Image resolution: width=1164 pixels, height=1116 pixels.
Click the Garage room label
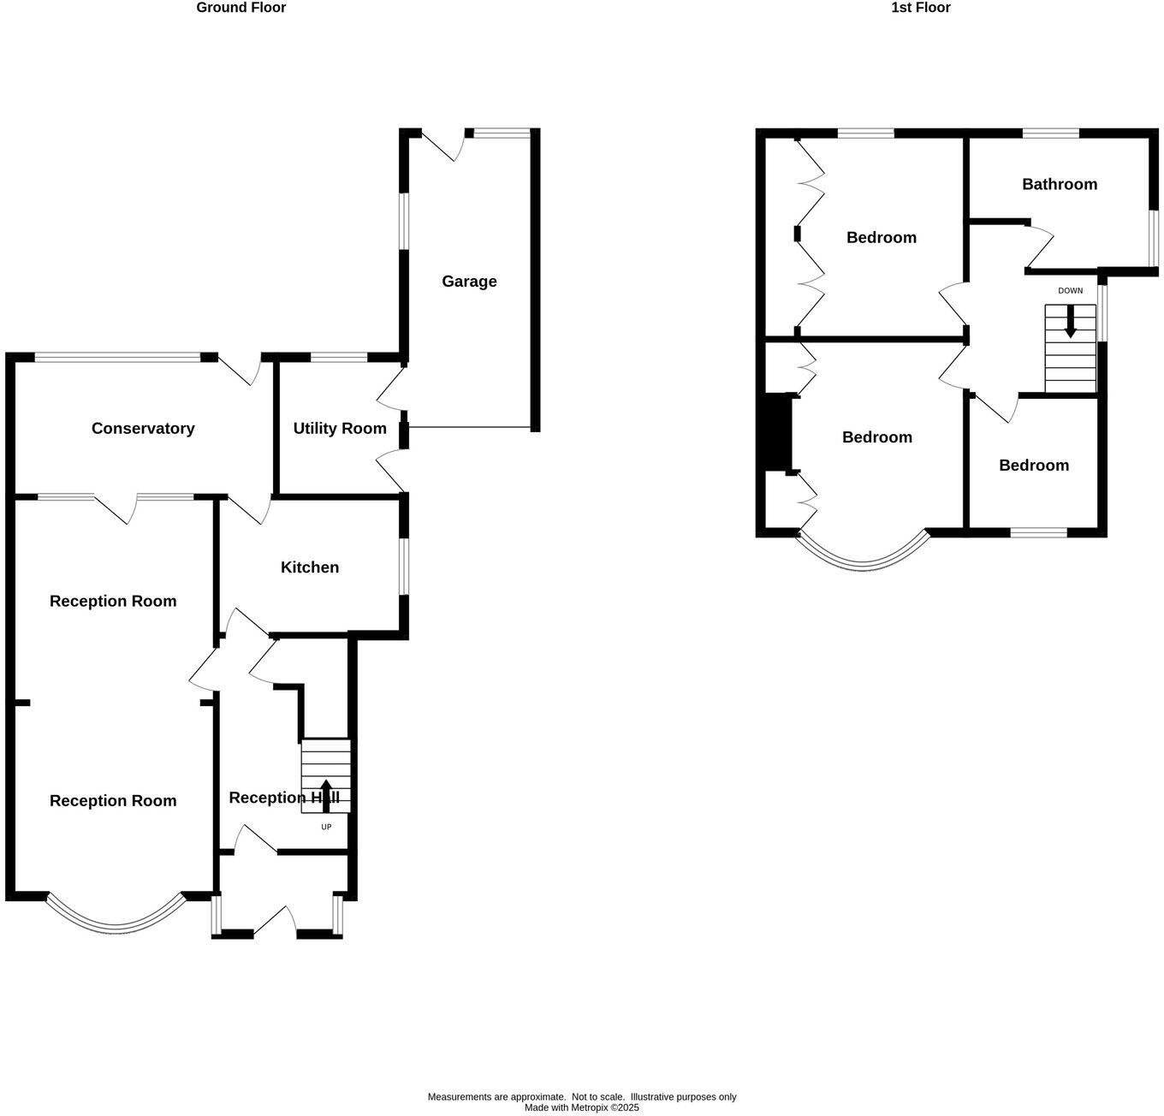[469, 282]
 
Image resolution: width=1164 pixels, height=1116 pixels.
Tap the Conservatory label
[143, 429]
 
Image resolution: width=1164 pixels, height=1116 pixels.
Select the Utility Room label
[340, 429]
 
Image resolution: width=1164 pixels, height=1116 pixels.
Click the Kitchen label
[310, 567]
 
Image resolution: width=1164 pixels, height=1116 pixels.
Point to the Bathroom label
[1060, 184]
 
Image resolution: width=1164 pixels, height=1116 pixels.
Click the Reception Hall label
[284, 798]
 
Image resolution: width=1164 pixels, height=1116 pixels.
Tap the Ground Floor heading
[241, 8]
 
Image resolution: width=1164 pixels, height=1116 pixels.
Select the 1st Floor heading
[921, 8]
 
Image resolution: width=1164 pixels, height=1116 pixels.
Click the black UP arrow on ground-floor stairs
[326, 795]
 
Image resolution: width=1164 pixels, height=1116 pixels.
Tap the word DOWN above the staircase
[1070, 291]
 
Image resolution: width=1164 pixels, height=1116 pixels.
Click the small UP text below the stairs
[326, 827]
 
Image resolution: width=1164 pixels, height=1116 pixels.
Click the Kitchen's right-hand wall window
[404, 567]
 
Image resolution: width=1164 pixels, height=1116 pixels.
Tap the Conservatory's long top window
[117, 358]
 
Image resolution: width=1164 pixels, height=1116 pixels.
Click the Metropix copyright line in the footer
[582, 1107]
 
